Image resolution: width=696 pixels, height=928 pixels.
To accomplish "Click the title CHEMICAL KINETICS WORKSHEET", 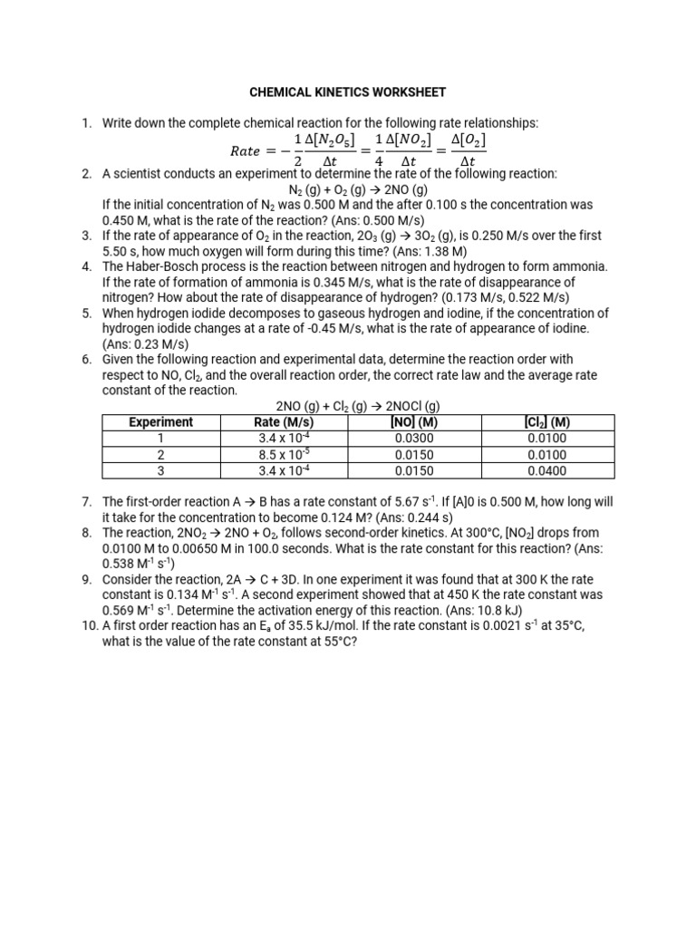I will (348, 92).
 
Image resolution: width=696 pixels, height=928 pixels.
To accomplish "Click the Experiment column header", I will (161, 422).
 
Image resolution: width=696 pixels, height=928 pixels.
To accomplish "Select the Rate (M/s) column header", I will (285, 422).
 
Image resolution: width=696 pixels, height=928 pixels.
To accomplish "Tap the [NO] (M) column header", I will (414, 422).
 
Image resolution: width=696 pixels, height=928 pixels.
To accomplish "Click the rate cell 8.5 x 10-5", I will (285, 455).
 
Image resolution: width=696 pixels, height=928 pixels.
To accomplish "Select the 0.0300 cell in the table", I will (414, 439).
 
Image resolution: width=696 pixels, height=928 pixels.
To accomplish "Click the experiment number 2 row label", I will (161, 455).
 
